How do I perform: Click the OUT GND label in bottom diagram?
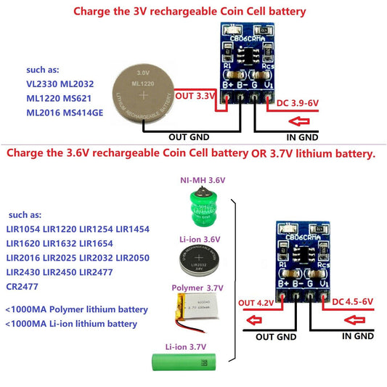coord(274,337)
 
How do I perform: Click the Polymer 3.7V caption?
coord(198,288)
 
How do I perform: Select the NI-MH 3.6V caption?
coord(203,179)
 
